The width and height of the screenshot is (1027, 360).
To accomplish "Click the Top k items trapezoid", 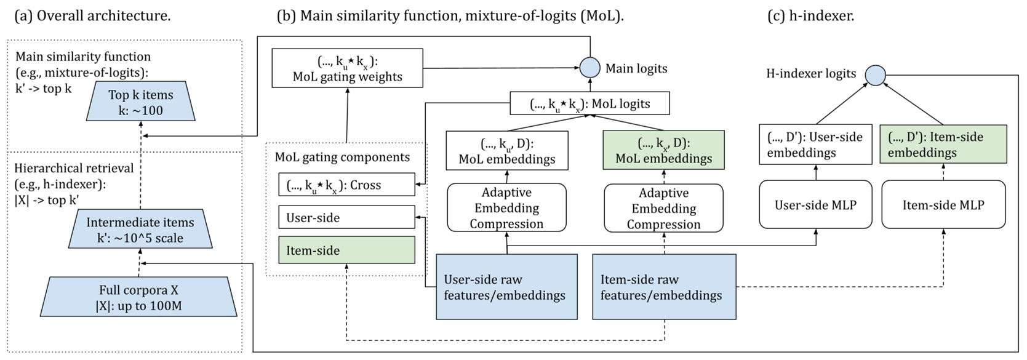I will pyautogui.click(x=141, y=102).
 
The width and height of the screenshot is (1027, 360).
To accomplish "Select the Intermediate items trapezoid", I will pyautogui.click(x=140, y=230).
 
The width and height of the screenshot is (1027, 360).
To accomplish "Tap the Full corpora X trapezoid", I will pyautogui.click(x=139, y=298).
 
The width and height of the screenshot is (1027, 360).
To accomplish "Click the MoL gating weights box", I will pyautogui.click(x=348, y=68).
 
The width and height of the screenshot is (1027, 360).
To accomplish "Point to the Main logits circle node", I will pyautogui.click(x=590, y=68).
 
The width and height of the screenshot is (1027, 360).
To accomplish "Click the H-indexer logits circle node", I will pyautogui.click(x=875, y=75).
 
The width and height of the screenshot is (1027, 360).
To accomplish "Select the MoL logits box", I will pyautogui.click(x=589, y=103).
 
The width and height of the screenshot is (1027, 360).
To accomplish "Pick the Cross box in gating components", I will pyautogui.click(x=346, y=185).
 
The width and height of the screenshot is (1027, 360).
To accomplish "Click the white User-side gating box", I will pyautogui.click(x=346, y=218).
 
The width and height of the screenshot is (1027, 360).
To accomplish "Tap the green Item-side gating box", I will pyautogui.click(x=346, y=250).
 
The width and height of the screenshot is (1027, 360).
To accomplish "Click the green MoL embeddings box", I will pyautogui.click(x=663, y=151).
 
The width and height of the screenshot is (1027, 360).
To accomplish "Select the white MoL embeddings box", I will pyautogui.click(x=506, y=151).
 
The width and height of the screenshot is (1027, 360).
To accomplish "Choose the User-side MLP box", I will pyautogui.click(x=815, y=205).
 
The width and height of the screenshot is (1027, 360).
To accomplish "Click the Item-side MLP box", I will pyautogui.click(x=943, y=205).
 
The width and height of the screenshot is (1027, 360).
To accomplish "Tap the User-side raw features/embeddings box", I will pyautogui.click(x=506, y=287).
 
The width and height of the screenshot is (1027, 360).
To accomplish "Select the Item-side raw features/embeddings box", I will pyautogui.click(x=664, y=287).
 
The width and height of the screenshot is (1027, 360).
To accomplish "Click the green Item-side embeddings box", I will pyautogui.click(x=943, y=145).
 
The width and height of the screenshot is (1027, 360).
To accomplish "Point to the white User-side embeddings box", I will pyautogui.click(x=815, y=145).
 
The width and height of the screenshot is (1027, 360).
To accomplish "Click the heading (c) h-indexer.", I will pyautogui.click(x=810, y=15).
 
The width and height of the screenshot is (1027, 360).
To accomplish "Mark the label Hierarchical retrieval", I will pyautogui.click(x=74, y=168).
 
